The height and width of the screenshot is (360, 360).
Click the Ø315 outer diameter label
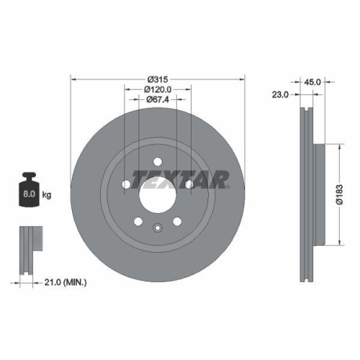pos(158,78)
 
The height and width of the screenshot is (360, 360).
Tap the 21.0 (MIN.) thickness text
pos(62,283)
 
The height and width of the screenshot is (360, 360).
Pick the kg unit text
pos(48,194)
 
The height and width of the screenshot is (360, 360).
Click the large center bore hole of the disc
pos(158,189)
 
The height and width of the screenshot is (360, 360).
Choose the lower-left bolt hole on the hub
pos(138,221)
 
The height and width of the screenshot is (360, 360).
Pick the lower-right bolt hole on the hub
pos(177,221)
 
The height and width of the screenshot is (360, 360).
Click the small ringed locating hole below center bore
pos(158,229)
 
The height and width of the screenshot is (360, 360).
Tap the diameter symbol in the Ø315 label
pos(150,78)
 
